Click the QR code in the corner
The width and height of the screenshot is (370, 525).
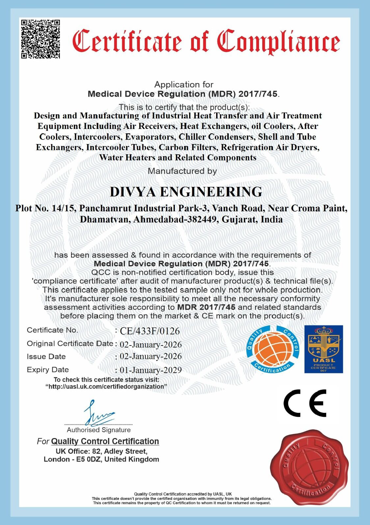coord(41,39)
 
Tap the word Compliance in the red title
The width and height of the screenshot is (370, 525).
coord(279,41)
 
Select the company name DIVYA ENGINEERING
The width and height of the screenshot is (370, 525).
coord(186,192)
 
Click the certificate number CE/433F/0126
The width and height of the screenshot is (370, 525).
coord(150,331)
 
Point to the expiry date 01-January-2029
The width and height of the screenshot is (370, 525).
coord(151,370)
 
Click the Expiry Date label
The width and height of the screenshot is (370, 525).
coord(48,370)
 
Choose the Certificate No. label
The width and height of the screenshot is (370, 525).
coord(52,330)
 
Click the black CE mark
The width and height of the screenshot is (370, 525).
coord(305,403)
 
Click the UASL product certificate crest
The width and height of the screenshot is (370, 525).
coord(324,349)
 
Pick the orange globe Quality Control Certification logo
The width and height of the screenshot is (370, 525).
coord(273,349)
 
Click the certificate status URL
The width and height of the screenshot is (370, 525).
coord(106,387)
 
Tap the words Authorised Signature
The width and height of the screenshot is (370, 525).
coord(99,430)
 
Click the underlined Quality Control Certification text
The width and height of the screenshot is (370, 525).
coord(105,441)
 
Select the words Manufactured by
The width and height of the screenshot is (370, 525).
coord(182,171)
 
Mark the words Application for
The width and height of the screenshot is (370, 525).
coord(184,84)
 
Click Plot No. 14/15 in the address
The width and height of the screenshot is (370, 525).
coord(46,208)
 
